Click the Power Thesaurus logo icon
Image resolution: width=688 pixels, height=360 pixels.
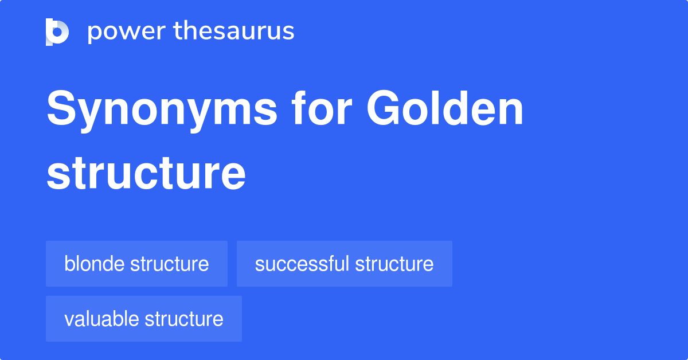(x=57, y=32)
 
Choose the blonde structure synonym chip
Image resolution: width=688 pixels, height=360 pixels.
(x=136, y=264)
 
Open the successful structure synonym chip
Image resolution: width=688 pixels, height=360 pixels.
(x=344, y=264)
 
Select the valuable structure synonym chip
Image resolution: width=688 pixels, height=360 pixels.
(x=143, y=319)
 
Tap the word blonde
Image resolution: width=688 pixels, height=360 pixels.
(x=95, y=264)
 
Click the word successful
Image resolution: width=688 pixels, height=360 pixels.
(x=302, y=264)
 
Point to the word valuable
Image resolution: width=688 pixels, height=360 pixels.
(x=101, y=319)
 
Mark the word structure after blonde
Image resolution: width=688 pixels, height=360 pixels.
(x=169, y=264)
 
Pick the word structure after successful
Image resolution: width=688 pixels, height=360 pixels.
(x=394, y=264)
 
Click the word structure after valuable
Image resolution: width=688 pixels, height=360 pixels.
(x=183, y=319)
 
